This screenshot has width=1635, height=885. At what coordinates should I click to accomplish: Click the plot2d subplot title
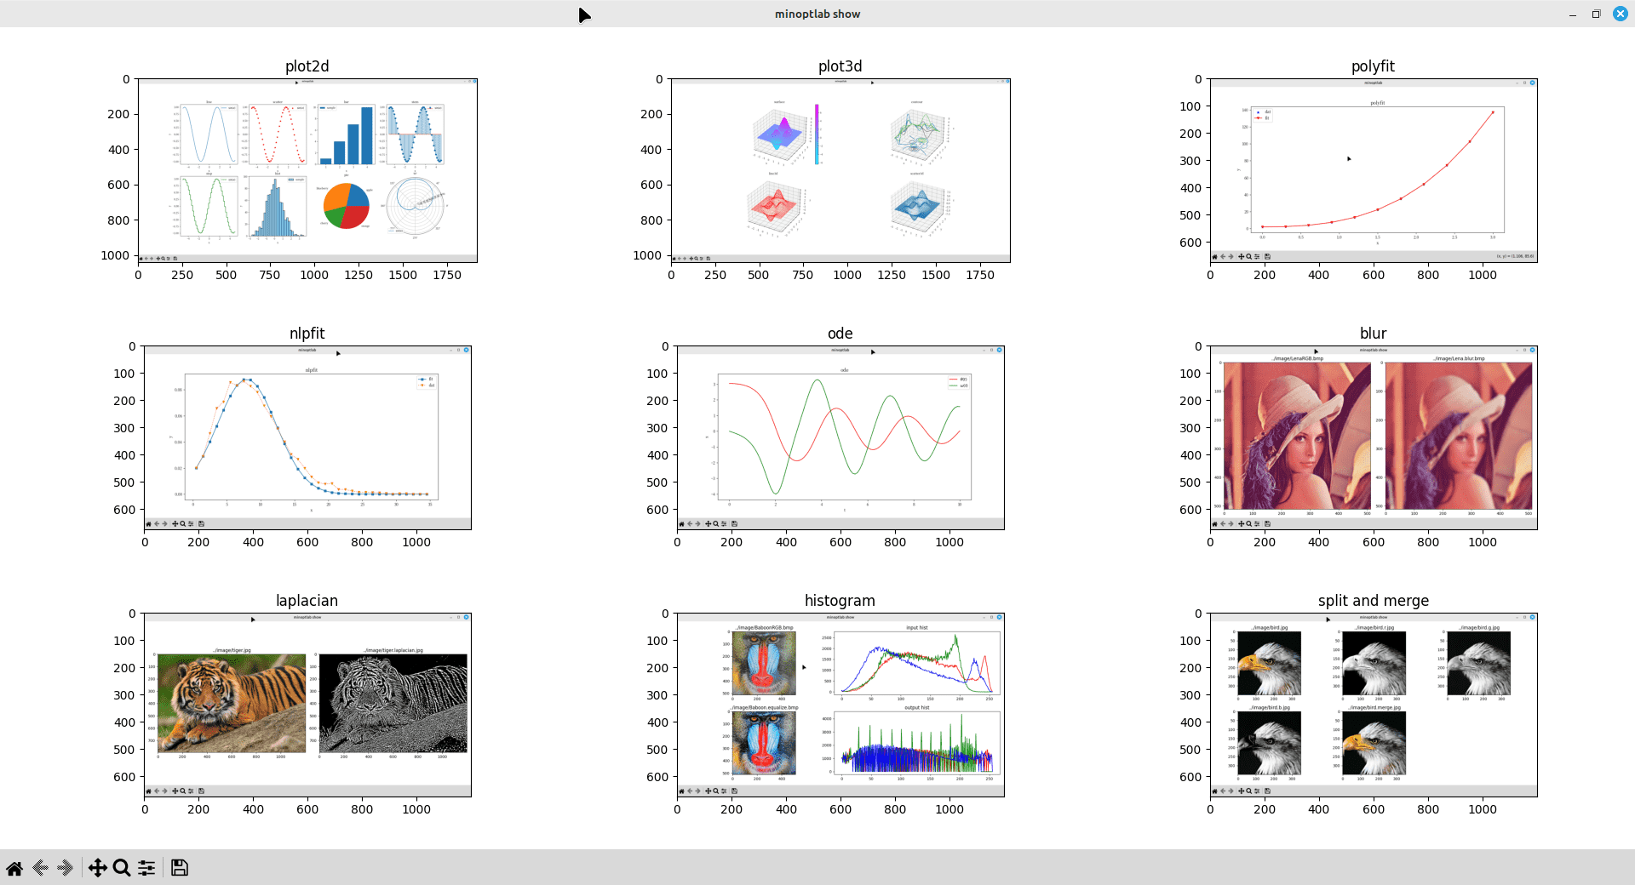click(307, 66)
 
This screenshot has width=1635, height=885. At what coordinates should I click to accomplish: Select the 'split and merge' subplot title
click(1373, 601)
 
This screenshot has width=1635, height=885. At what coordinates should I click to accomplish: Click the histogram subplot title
click(840, 601)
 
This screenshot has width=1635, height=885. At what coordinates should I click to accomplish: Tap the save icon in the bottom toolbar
click(179, 867)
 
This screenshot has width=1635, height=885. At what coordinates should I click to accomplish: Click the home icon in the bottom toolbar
click(14, 867)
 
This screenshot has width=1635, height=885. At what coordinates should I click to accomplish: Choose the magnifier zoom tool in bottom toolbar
click(122, 867)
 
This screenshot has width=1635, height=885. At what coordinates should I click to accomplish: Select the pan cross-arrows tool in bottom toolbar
click(97, 867)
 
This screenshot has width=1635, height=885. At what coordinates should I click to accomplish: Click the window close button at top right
click(1620, 14)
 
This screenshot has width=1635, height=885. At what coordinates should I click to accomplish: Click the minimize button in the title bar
click(1572, 14)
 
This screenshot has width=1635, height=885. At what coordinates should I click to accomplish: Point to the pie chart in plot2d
click(346, 206)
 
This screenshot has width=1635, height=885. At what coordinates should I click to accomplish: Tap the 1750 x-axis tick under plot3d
click(979, 275)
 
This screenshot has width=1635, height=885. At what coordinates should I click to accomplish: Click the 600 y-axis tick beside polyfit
click(1190, 243)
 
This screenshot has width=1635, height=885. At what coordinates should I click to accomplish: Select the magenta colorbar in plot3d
click(816, 134)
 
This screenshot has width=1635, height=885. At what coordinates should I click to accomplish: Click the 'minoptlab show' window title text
click(817, 14)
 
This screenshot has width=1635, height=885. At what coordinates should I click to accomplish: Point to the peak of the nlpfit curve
click(245, 380)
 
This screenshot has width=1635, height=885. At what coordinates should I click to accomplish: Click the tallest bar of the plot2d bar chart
click(367, 135)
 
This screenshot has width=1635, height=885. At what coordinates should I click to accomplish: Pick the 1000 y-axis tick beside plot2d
click(115, 255)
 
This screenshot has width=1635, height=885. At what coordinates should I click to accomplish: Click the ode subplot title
click(840, 334)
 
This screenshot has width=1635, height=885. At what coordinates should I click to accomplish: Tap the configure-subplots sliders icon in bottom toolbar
click(146, 867)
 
